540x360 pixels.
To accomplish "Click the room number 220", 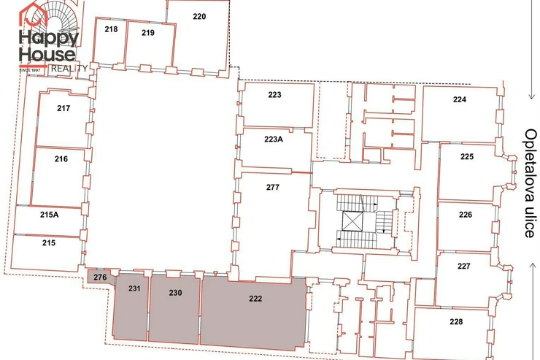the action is click(x=199, y=17).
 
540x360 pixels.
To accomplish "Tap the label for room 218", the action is click(x=111, y=29).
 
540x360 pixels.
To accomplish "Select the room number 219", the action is click(x=147, y=33).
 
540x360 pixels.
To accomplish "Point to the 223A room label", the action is click(x=274, y=139).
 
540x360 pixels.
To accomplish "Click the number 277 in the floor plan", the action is click(x=273, y=187).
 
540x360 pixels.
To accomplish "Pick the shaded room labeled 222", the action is click(x=253, y=315).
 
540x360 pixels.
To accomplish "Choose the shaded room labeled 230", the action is click(x=175, y=309).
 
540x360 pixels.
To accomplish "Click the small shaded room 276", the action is click(x=100, y=277).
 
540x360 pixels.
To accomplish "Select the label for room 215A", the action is click(x=49, y=215).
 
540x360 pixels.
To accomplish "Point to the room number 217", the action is click(x=63, y=108).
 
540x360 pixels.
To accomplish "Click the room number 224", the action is click(x=460, y=99).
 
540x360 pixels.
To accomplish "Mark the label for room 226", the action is click(x=466, y=215).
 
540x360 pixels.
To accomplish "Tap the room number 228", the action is click(x=456, y=321).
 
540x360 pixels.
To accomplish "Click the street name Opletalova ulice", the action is click(x=531, y=183).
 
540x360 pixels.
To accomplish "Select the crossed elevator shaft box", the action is click(x=352, y=221).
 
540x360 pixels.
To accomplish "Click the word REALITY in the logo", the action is click(x=69, y=69).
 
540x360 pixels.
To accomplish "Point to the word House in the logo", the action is click(x=47, y=55).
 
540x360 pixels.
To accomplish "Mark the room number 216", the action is click(x=61, y=158).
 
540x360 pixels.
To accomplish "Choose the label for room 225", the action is click(x=467, y=156).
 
